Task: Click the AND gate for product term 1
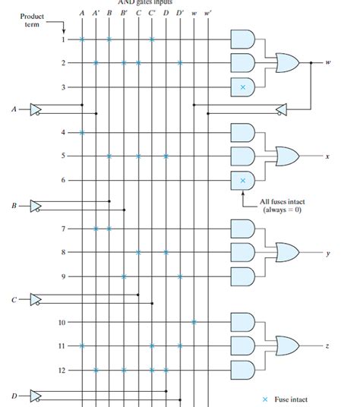coord(242,39)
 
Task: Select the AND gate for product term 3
coord(242,87)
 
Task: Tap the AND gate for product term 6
coord(242,180)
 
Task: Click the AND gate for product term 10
coord(242,322)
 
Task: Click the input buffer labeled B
coord(35,205)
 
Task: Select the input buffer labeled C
coord(35,299)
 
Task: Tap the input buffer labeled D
coord(35,394)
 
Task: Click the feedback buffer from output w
coord(282,111)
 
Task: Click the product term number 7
coord(63,228)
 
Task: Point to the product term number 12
coord(62,371)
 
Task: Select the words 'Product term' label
coord(32,21)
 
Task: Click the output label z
coord(327,346)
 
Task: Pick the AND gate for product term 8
coord(242,251)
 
